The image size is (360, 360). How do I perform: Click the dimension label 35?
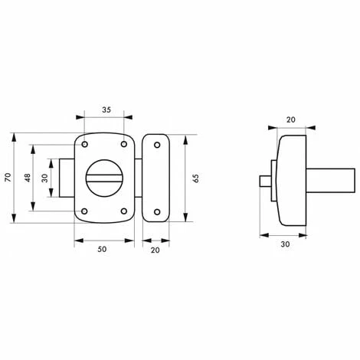tap(106, 110)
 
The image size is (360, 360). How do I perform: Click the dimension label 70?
tap(8, 178)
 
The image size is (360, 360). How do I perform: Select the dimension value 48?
tap(28, 178)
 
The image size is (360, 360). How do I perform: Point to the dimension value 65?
tap(196, 178)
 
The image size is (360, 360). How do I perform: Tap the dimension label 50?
tap(102, 249)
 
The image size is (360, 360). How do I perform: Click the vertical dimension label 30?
tap(44, 178)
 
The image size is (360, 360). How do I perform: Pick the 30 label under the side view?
tap(285, 244)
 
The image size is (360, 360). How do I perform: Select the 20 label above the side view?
tap(290, 119)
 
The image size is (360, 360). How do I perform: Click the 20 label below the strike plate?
tap(155, 250)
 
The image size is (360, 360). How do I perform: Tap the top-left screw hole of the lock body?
tap(85, 145)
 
